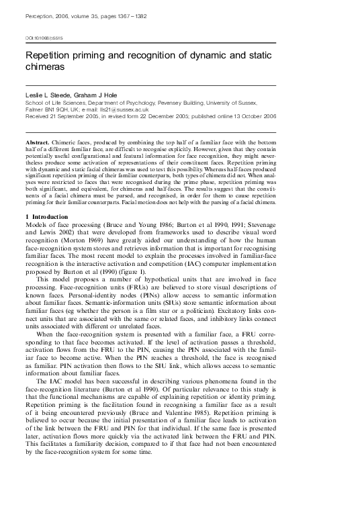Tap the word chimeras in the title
46,68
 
